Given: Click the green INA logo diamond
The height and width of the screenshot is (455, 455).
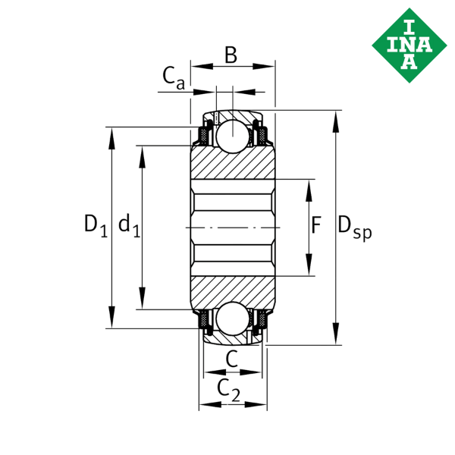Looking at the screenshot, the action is click(409, 45).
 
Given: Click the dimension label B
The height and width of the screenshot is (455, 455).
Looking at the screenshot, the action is click(231, 55).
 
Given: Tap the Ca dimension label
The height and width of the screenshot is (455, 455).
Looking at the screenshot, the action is click(173, 78).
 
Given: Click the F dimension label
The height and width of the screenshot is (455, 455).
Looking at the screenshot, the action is click(316, 225).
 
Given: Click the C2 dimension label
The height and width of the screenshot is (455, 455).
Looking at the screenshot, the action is click(229, 391).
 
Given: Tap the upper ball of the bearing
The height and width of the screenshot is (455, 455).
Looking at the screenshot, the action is click(233, 136).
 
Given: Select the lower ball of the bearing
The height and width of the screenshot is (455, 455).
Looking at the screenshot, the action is click(233, 318).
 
